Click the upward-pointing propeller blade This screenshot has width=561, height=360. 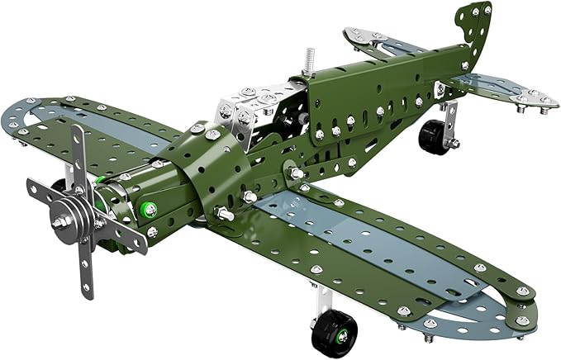pos(76,153)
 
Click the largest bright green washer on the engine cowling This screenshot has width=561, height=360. pos(150,210)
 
